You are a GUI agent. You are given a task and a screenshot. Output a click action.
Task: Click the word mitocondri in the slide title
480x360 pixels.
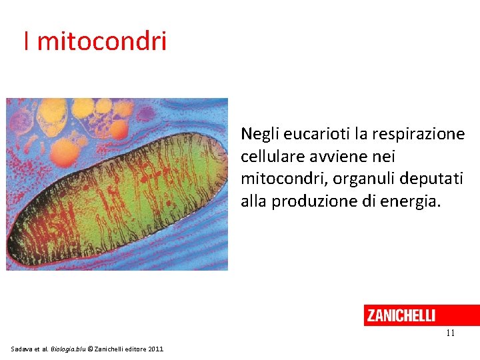click(101, 41)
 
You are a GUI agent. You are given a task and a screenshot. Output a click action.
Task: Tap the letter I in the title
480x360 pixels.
click(26, 41)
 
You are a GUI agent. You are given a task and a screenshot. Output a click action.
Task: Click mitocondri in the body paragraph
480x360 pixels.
click(279, 179)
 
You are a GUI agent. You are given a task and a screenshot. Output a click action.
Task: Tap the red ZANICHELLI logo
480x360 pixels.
click(401, 315)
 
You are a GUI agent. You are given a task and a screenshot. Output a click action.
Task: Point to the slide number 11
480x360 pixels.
click(450, 333)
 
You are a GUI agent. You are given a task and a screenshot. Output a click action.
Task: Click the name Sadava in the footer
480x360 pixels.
click(22, 349)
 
